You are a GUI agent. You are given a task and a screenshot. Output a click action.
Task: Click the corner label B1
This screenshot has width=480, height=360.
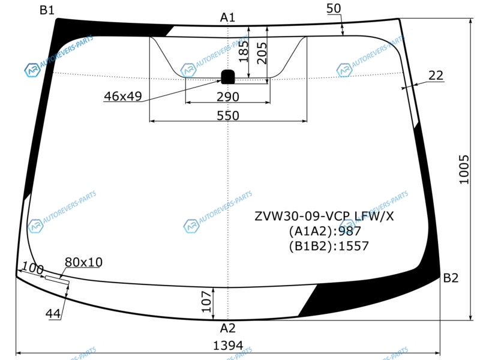47,10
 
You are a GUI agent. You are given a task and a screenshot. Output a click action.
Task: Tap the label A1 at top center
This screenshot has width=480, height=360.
227,17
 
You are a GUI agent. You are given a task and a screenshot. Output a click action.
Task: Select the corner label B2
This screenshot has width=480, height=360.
451,278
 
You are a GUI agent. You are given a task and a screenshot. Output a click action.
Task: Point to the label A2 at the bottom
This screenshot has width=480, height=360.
228,328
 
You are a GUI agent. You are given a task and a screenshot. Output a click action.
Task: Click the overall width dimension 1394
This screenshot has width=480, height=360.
228,346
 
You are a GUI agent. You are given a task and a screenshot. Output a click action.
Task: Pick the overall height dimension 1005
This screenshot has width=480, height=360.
464,169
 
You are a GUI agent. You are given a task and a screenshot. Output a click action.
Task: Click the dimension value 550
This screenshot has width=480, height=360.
228,116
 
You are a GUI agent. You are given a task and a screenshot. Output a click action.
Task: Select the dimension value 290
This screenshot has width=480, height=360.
228,97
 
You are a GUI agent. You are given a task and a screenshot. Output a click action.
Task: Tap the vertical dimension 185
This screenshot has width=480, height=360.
244,52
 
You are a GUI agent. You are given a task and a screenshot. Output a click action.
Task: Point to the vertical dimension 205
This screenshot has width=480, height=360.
262,53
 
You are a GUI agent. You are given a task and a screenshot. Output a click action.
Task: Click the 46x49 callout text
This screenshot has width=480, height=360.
123,96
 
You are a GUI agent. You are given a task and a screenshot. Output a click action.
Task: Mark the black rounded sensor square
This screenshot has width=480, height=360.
228,77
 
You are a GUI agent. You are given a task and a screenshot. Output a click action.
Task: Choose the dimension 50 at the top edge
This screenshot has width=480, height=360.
334,8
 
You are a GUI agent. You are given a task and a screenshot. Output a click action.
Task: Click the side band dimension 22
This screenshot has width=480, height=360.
436,76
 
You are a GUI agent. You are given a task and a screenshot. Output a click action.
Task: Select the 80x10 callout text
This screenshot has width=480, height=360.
83,262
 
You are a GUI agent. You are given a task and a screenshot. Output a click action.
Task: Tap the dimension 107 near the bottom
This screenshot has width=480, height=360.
207,302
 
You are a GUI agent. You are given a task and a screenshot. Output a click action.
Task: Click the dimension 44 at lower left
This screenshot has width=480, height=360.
53,314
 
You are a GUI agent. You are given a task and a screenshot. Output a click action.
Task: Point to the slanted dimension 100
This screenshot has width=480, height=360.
33,268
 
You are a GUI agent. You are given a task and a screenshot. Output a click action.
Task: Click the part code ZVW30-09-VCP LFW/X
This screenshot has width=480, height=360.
324,217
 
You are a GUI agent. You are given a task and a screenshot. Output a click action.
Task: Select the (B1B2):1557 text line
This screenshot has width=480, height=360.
329,246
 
